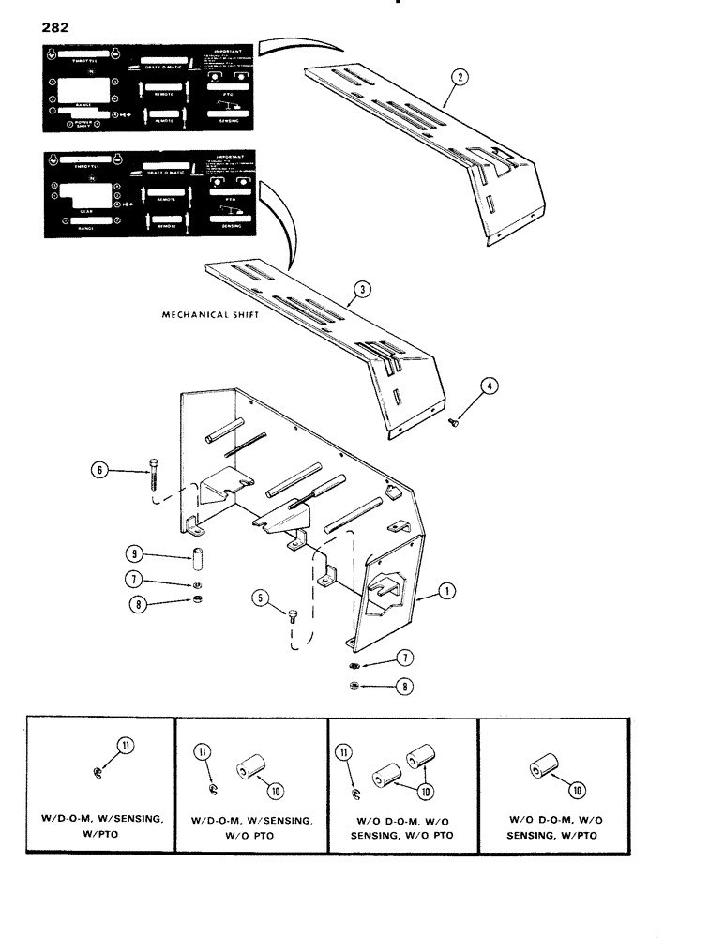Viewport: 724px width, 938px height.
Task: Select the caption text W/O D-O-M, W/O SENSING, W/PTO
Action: [x=555, y=826]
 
